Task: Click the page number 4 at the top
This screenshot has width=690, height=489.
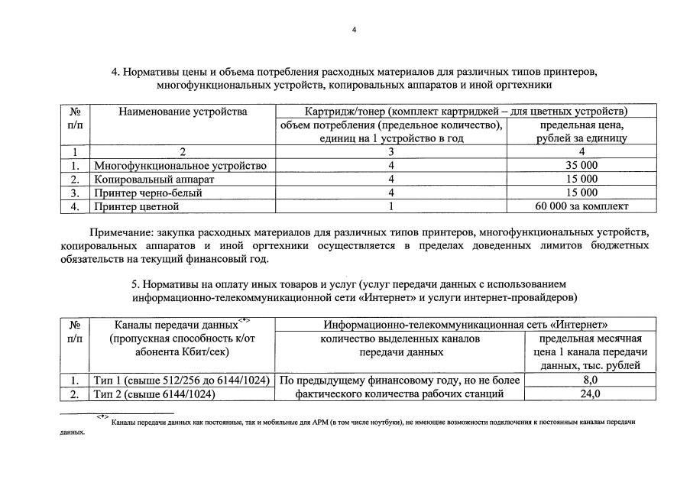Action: coord(354,30)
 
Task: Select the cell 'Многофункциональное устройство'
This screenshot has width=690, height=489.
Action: coord(180,166)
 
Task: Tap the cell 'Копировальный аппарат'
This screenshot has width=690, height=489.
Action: coord(154,180)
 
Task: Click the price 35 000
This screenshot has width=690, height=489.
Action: coord(582,166)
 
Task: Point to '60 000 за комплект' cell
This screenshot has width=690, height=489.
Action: coord(582,206)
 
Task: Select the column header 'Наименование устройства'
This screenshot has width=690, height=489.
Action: coord(183,112)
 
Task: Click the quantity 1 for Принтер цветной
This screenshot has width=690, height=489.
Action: coord(390,206)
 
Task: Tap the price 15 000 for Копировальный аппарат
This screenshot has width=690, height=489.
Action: coord(582,180)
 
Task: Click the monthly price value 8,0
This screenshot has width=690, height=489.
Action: coord(590,380)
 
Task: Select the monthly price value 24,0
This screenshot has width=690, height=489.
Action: coord(590,393)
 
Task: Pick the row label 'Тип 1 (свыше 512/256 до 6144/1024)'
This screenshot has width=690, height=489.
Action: coord(182,380)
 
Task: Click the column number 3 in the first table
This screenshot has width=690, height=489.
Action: coord(390,152)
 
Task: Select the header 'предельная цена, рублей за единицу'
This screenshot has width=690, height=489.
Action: coord(582,131)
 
